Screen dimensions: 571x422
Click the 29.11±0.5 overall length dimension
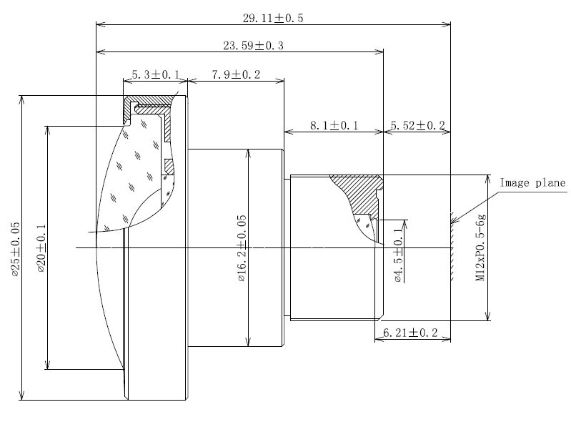point(273,18)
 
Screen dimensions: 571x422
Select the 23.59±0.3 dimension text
point(253,46)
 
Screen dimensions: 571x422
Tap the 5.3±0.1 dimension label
point(156,74)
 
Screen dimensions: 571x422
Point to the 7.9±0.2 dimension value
point(236,74)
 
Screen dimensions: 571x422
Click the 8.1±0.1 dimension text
point(334,126)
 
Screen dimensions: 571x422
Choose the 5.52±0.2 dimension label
point(417,126)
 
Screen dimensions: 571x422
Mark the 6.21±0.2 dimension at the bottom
point(410,333)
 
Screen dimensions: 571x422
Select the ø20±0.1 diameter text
point(41,248)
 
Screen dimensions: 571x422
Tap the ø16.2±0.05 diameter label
point(242,248)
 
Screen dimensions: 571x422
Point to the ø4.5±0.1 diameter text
point(399,253)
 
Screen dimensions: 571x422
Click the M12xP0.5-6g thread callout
point(481,247)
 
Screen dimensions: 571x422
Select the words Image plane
point(532,182)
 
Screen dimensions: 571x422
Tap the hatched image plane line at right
point(452,247)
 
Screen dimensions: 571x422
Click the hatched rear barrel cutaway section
point(362,195)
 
